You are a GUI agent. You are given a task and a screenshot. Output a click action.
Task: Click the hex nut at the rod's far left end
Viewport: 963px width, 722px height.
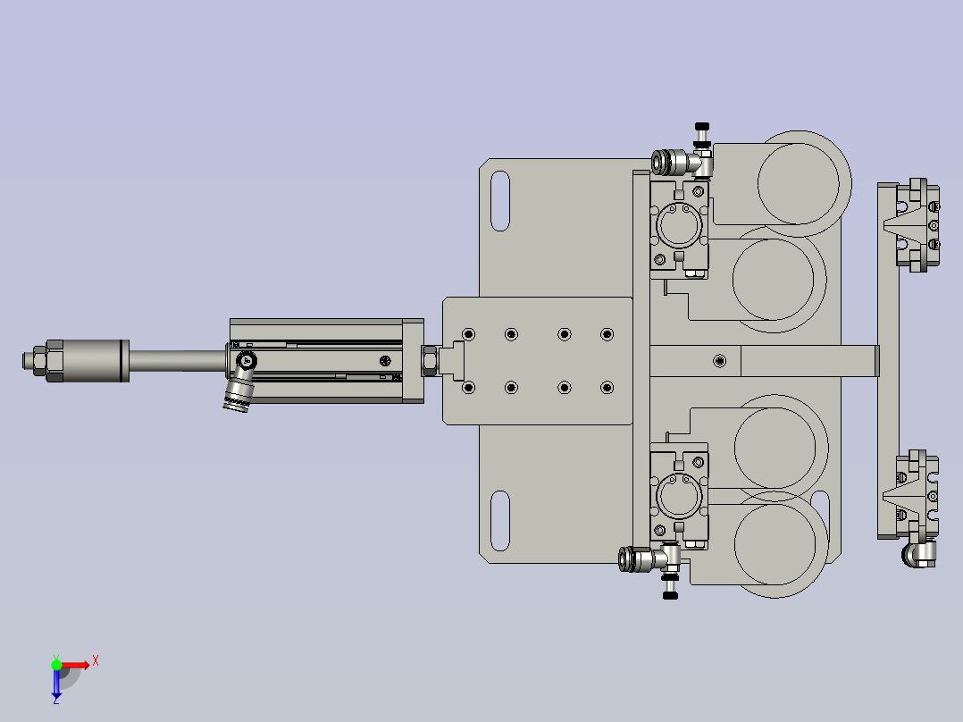coord(35,360)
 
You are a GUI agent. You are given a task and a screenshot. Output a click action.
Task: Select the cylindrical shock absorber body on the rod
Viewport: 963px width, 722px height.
coord(88,360)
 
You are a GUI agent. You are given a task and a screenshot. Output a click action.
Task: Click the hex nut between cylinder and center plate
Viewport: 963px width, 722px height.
coord(429,360)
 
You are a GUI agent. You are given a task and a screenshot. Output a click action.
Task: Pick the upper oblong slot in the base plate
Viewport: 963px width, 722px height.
coord(500,201)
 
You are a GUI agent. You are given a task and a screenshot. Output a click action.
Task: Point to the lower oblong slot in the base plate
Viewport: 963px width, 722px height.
coord(500,520)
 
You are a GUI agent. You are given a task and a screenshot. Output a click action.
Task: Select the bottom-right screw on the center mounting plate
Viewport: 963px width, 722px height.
coord(607,388)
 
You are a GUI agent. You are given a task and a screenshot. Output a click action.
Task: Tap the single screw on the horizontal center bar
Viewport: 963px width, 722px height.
coord(720,361)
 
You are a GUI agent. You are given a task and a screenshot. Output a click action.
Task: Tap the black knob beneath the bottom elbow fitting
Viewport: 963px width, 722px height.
coord(670,593)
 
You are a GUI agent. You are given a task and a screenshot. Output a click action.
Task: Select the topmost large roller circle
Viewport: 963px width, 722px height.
coord(800,179)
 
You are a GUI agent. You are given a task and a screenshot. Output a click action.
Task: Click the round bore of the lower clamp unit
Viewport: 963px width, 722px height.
coord(680,495)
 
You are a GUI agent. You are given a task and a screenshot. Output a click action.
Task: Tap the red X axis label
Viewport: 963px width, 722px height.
coord(96,660)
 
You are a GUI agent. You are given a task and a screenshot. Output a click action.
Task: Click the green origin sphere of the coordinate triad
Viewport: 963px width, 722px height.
coord(57,665)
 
